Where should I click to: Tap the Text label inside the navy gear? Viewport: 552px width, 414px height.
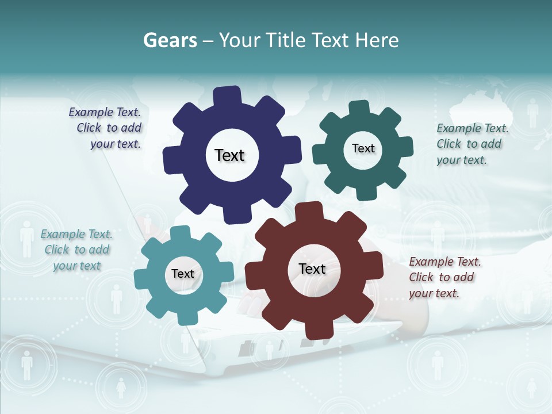coord(229,155)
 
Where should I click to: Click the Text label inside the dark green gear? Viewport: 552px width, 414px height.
coord(363,148)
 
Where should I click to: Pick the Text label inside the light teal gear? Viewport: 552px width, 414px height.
coord(183,274)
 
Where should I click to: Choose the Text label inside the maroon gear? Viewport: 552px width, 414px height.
coord(312,269)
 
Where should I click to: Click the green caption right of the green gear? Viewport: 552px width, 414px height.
coord(472,144)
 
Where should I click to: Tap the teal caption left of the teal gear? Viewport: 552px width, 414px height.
coord(76,250)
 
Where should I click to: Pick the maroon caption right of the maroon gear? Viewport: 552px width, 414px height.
coord(444,277)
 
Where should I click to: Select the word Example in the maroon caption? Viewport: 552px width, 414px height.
coord(428,262)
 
